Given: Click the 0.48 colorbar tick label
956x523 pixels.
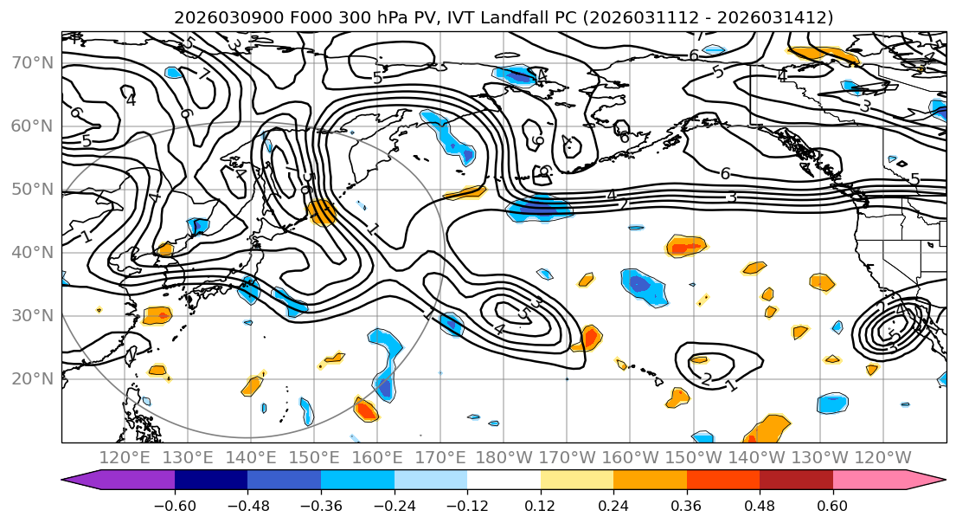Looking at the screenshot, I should (760, 504).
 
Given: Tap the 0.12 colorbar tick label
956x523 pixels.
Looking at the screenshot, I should (540, 504).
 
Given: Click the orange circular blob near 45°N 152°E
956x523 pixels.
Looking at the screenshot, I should (322, 212).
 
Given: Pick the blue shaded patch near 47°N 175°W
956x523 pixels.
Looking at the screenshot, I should (538, 208).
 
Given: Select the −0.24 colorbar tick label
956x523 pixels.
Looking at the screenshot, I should (394, 504).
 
